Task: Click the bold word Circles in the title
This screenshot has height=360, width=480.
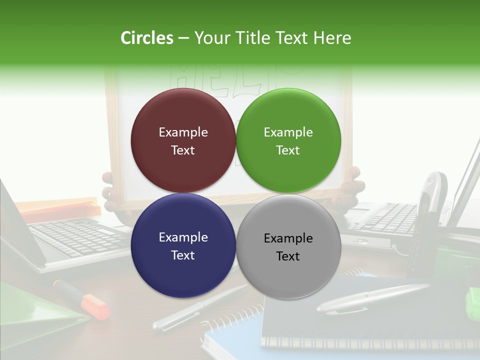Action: tap(147, 38)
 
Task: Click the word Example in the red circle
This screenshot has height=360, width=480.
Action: tap(183, 132)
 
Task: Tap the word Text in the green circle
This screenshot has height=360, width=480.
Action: tap(288, 150)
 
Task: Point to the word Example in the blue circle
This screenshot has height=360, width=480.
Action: tap(183, 237)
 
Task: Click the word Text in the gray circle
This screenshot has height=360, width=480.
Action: tap(288, 256)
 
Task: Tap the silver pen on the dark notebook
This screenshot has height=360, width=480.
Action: tap(372, 298)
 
